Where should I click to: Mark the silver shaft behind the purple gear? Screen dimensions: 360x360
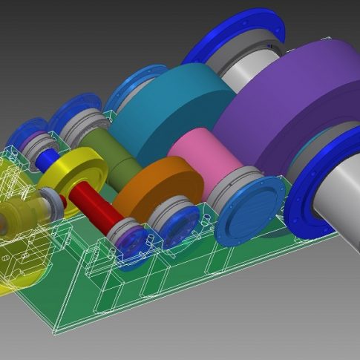pyautogui.click(x=249, y=74)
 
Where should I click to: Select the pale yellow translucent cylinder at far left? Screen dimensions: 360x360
pyautogui.click(x=15, y=223)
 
